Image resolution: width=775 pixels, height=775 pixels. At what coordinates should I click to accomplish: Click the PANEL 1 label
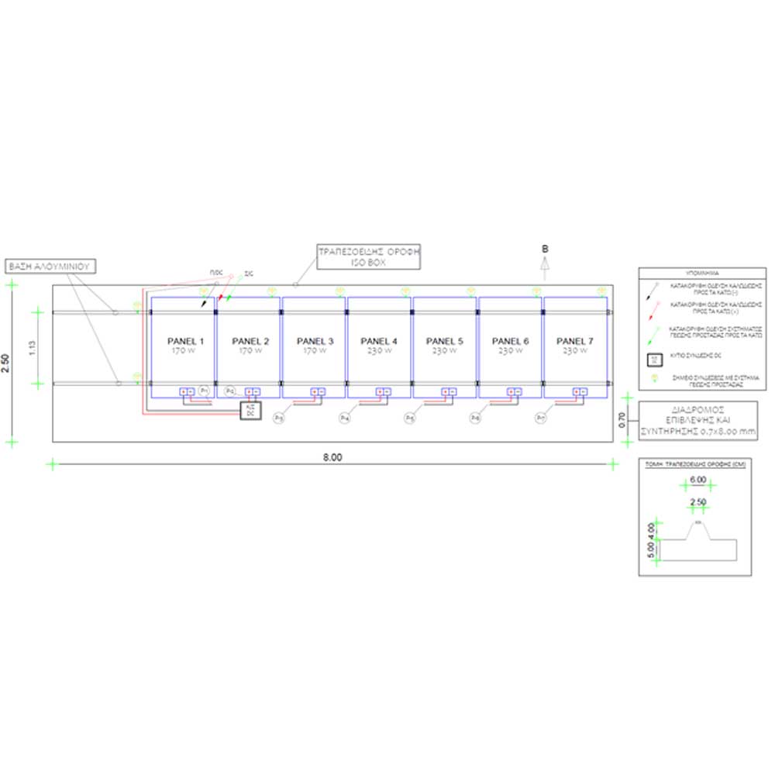(x=184, y=341)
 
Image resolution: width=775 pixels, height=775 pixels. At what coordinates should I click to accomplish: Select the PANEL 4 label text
(x=379, y=341)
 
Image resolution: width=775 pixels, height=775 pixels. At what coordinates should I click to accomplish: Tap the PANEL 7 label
(x=574, y=341)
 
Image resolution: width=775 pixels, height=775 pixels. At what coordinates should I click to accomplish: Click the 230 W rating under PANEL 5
(x=445, y=351)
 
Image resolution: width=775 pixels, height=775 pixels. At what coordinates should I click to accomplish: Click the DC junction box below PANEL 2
(x=250, y=410)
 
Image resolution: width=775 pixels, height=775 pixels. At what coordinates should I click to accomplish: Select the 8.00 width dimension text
(x=332, y=457)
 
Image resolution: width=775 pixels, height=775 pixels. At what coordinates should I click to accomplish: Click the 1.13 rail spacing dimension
(x=32, y=348)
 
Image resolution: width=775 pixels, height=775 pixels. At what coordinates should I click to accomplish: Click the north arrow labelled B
(x=545, y=263)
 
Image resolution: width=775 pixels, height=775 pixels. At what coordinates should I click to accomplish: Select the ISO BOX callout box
(x=368, y=257)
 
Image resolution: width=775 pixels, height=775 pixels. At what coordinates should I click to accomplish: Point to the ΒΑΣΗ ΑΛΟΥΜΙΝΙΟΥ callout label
(x=49, y=266)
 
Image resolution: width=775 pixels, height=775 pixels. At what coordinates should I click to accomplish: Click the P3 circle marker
(x=279, y=418)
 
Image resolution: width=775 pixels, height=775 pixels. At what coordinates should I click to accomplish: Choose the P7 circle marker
(x=541, y=418)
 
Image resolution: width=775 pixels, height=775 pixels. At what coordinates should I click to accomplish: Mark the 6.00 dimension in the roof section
(x=697, y=480)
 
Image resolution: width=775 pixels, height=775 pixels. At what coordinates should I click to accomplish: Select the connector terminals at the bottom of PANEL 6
(x=511, y=391)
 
